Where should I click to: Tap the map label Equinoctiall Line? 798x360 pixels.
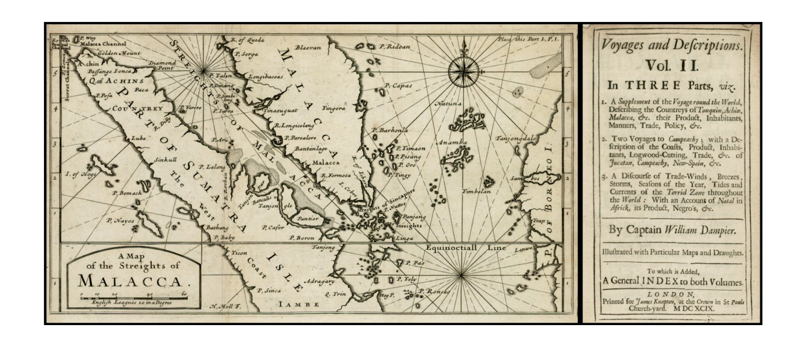coord(466,248)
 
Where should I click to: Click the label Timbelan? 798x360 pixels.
coord(476,191)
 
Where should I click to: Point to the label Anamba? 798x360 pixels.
coord(452,143)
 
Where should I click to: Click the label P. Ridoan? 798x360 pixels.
coord(394,47)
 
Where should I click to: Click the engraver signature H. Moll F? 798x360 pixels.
coord(225,307)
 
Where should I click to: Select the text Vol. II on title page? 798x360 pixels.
coord(671,65)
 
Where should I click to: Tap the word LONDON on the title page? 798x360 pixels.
coord(671,294)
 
